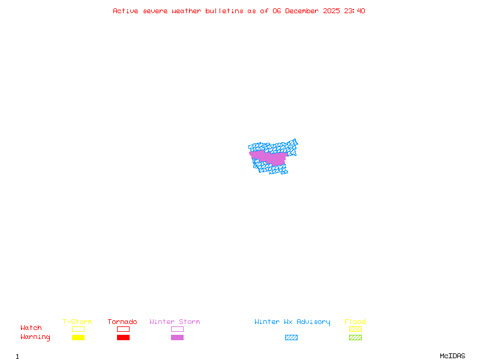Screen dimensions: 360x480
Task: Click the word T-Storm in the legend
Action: [77, 322]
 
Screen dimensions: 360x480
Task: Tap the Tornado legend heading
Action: [122, 322]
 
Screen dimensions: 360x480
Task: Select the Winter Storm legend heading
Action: [175, 322]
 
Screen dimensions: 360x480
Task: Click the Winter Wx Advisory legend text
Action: [292, 322]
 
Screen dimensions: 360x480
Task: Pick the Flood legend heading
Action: [355, 322]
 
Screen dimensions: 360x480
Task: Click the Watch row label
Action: [31, 328]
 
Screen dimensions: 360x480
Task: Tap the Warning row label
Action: [35, 337]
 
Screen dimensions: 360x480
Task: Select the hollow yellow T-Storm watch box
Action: [78, 329]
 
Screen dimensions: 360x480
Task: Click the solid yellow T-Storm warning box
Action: [78, 337]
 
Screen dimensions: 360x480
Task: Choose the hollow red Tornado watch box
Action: [123, 329]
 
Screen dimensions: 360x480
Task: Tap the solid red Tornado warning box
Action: [123, 337]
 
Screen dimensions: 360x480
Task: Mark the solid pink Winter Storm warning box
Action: [177, 337]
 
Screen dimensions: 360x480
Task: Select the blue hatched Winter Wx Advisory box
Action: [291, 337]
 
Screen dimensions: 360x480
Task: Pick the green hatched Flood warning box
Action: [355, 337]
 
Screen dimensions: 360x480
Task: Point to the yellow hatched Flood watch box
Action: [355, 329]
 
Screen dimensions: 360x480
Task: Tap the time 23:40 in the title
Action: [354, 11]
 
